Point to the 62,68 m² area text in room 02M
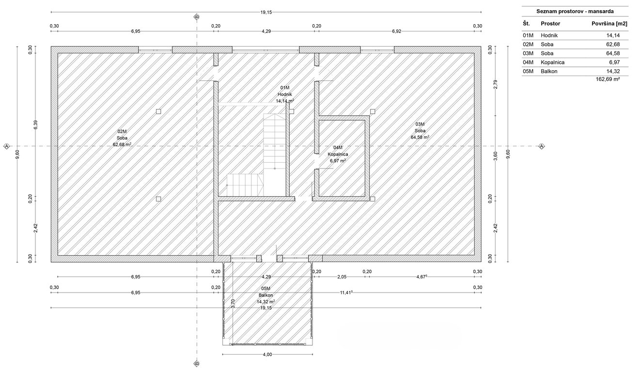tap(122, 144)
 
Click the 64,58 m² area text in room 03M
tap(420, 137)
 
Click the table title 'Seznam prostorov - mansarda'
tap(575, 12)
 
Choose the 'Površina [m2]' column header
tap(609, 24)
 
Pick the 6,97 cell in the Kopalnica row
tap(614, 62)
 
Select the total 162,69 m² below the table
tap(608, 79)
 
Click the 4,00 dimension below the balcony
tap(267, 355)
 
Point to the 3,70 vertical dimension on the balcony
tap(233, 303)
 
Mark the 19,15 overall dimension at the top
tap(266, 12)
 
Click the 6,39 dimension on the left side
tap(36, 124)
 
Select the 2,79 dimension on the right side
tap(496, 84)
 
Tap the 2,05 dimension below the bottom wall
tap(342, 277)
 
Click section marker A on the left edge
tap(6, 146)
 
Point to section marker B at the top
tap(197, 17)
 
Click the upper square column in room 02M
tap(158, 111)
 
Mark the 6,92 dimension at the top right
tap(397, 31)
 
